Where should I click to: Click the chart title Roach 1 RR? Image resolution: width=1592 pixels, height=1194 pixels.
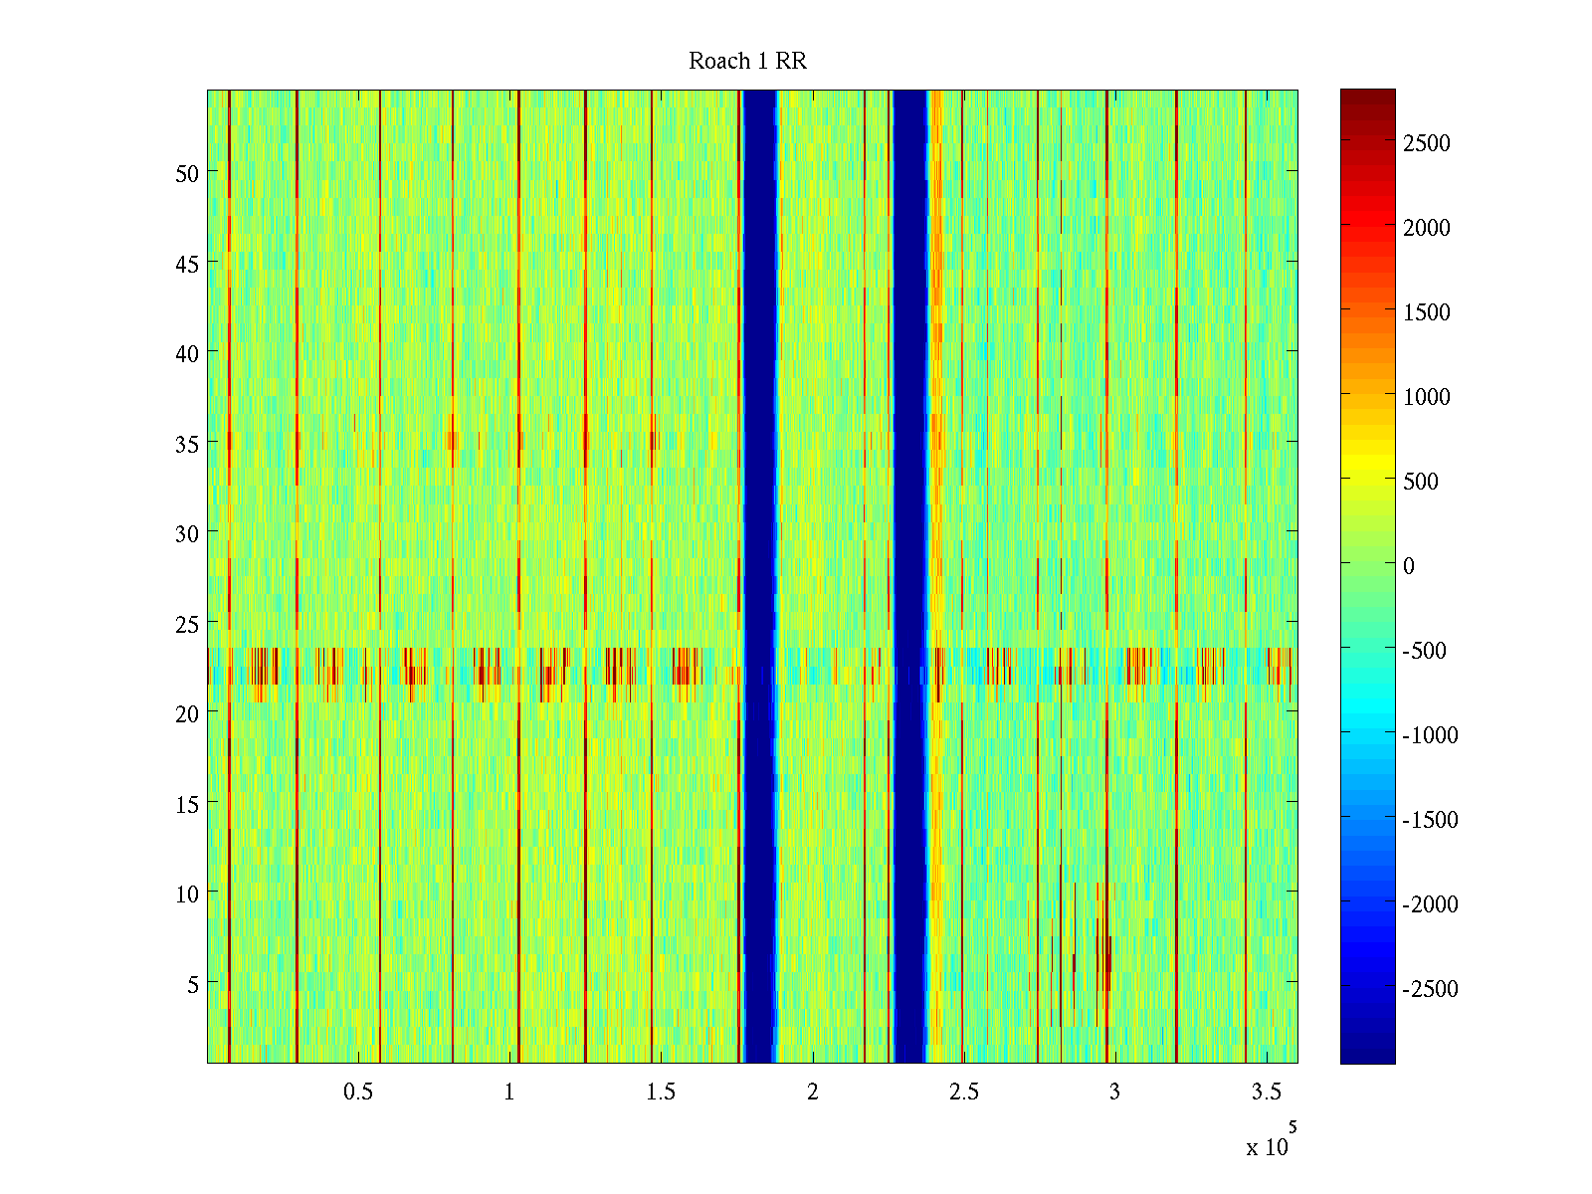(747, 62)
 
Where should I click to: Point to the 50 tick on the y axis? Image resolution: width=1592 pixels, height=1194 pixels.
(187, 173)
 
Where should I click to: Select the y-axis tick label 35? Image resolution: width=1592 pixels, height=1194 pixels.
(187, 444)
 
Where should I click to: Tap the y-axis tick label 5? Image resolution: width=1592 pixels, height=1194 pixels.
(193, 984)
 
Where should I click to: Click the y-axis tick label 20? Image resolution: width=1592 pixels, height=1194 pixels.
(187, 713)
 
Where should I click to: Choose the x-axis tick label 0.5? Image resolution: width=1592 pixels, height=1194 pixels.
(358, 1092)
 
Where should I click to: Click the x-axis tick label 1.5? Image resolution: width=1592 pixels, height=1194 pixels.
(661, 1092)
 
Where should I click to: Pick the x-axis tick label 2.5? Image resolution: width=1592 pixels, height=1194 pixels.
(963, 1092)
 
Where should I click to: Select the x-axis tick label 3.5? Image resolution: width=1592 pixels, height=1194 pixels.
(1266, 1092)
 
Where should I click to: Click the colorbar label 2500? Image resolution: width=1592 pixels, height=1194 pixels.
(1427, 143)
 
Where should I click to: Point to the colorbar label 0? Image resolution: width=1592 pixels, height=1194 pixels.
(1408, 566)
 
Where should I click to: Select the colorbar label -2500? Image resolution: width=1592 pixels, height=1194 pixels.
(1430, 989)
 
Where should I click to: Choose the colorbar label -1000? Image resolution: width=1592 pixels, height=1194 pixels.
(1430, 735)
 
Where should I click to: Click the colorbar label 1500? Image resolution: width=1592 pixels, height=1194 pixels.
(1427, 312)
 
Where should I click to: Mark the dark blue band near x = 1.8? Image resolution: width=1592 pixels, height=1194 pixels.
(760, 577)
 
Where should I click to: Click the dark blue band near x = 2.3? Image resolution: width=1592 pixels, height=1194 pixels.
(909, 577)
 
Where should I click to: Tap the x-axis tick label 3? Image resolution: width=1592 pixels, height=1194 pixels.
(1114, 1092)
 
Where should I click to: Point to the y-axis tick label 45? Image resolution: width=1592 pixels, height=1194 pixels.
(187, 264)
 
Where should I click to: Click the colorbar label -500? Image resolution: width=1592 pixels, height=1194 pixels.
(1424, 651)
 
